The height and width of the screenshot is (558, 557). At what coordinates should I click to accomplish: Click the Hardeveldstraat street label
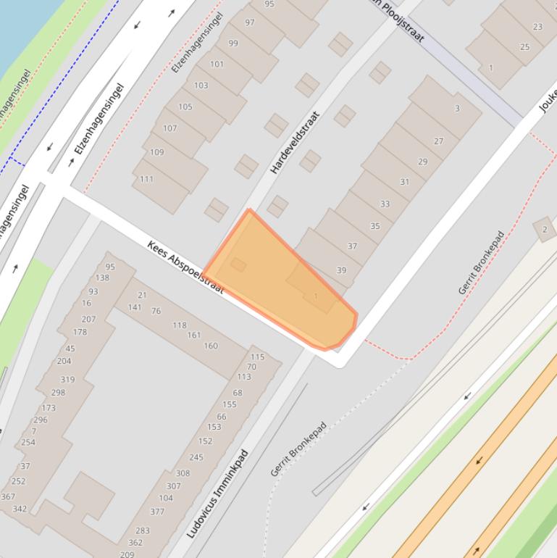click(295, 143)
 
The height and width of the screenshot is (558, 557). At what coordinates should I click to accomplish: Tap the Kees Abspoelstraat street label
click(185, 267)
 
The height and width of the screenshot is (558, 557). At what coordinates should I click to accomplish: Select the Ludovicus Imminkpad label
click(217, 494)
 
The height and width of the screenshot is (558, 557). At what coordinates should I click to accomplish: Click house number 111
click(147, 179)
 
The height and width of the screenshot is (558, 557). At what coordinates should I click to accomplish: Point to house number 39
click(341, 270)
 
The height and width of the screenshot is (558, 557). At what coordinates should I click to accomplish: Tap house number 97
click(250, 22)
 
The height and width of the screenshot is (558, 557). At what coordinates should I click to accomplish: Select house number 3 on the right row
click(457, 109)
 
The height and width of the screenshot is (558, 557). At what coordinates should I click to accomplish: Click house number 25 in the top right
click(524, 47)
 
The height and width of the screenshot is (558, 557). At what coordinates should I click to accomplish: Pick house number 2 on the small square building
click(545, 230)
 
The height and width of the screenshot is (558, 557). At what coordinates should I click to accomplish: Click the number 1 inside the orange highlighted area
click(316, 296)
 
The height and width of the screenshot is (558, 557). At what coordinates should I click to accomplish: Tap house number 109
click(157, 152)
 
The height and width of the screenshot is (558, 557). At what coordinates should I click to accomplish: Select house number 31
click(404, 182)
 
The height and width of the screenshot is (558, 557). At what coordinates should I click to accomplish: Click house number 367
click(8, 496)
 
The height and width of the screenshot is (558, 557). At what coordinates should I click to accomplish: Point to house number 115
click(257, 357)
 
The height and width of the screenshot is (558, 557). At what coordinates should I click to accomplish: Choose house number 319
click(67, 379)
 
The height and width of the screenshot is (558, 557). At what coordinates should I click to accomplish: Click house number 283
click(143, 530)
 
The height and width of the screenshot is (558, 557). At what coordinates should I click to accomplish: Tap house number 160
click(211, 346)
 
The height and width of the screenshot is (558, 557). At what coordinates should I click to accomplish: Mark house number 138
click(102, 278)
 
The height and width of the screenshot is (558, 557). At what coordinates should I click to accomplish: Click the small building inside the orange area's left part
click(238, 265)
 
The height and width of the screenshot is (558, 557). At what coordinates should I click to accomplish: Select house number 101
click(217, 64)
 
